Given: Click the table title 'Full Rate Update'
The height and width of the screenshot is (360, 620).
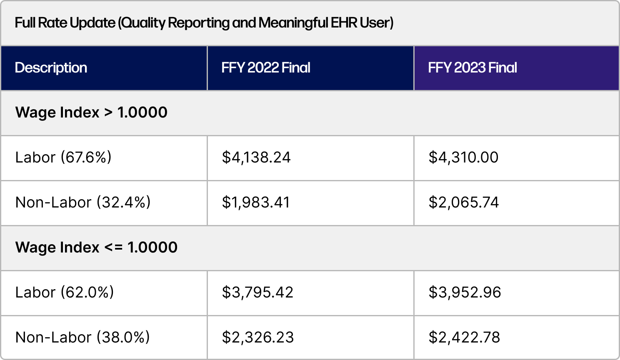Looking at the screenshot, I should point(65,22).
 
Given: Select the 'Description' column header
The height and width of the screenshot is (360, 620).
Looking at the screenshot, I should point(51,67).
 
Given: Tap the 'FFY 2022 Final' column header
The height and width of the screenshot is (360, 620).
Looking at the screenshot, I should point(266,67).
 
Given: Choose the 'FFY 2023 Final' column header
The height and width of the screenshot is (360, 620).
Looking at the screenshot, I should point(472,67).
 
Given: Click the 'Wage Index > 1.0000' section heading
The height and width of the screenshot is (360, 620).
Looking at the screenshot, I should point(91,112).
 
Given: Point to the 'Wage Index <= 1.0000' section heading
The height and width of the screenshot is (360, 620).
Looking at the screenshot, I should point(96,247).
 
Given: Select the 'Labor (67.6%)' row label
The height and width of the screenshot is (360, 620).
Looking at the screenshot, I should point(63,157).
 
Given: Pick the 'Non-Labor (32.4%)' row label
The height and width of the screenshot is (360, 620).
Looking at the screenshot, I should point(83,202).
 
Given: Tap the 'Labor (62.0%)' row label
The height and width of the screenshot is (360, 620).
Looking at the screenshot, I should point(65,292).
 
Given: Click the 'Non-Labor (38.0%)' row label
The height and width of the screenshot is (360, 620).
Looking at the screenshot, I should point(82,337).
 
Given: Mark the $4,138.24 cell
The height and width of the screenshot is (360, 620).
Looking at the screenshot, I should point(256,157).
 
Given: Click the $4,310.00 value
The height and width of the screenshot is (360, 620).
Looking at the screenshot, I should point(463,157).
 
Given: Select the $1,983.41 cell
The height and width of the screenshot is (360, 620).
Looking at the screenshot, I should point(256,202).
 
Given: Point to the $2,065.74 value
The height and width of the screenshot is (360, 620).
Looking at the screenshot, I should point(464,202).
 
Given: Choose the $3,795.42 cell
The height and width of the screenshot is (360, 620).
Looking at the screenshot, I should point(257,292).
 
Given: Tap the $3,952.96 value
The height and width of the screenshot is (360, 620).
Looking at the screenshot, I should point(465,292).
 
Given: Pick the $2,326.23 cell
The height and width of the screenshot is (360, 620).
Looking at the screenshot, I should point(258,337).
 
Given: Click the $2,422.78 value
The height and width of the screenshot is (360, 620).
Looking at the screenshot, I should point(465,337).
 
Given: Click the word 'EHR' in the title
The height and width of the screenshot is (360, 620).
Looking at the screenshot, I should point(344,22).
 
